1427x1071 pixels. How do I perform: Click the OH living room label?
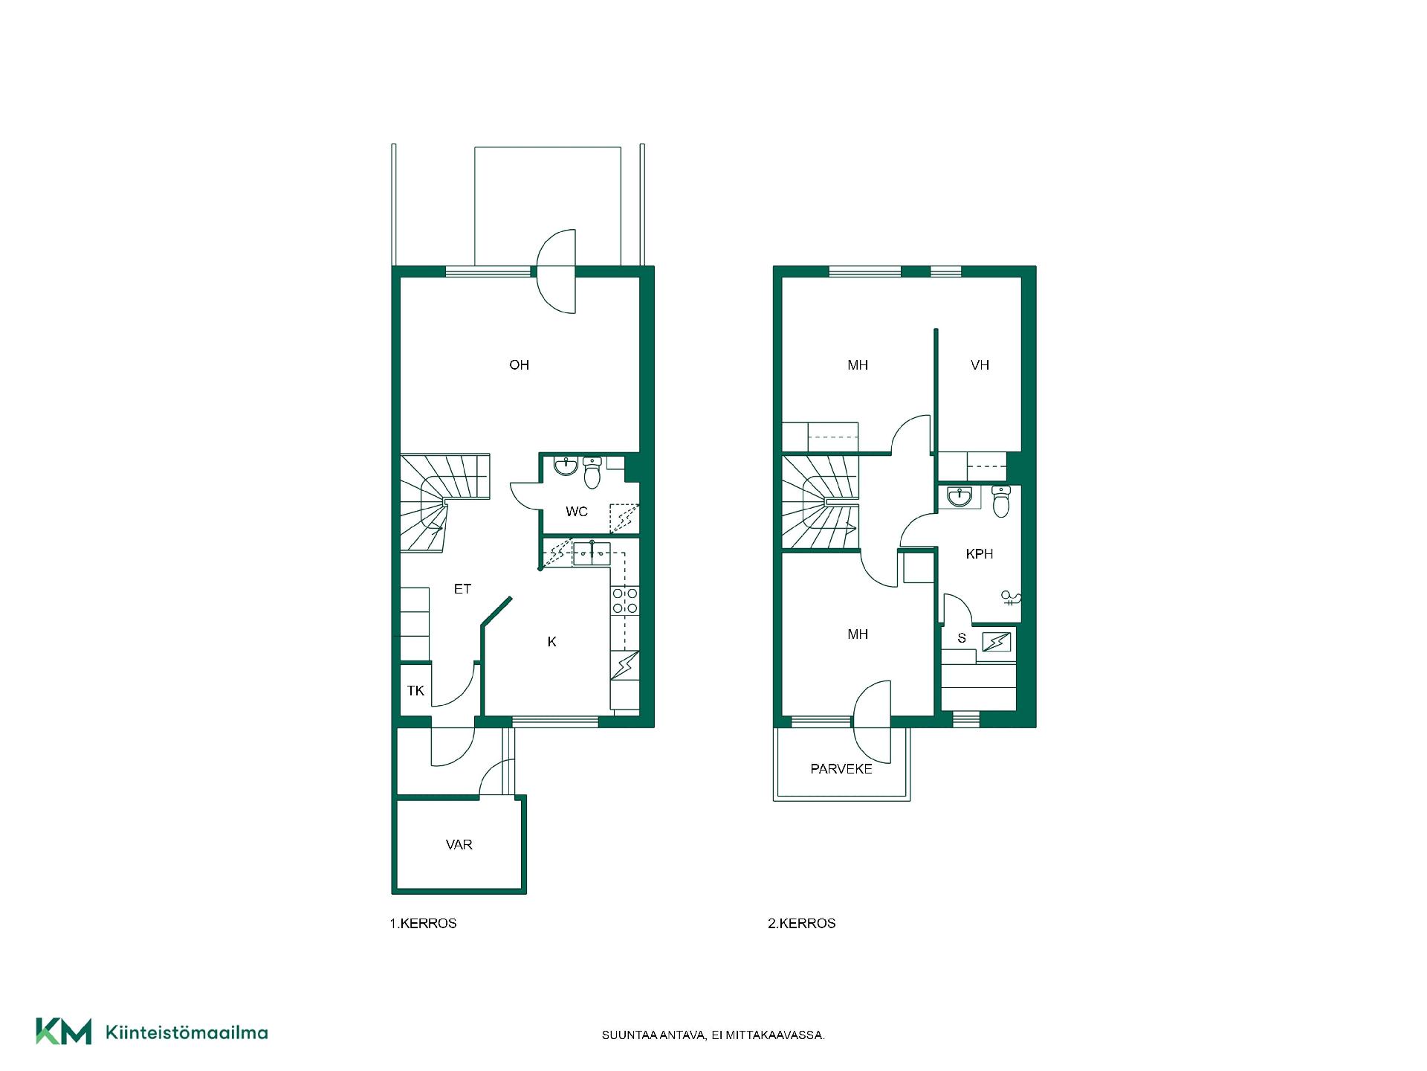tap(519, 364)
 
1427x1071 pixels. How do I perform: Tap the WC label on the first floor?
tap(577, 512)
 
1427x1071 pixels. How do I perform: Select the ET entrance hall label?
tap(462, 589)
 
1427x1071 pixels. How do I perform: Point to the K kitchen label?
tap(551, 642)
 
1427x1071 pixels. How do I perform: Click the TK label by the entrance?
tap(415, 691)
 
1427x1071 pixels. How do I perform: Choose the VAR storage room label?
tap(459, 845)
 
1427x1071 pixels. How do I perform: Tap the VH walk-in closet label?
tap(980, 364)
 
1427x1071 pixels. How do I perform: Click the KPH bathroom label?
tap(980, 554)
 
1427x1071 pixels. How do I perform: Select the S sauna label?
tap(962, 638)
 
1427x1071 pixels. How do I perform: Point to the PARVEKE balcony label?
tap(841, 769)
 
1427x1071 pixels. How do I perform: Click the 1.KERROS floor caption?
tap(424, 924)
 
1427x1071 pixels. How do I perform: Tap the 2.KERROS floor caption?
tap(802, 924)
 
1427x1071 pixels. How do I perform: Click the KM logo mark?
tap(64, 1032)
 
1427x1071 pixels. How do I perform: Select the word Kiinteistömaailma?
tap(187, 1033)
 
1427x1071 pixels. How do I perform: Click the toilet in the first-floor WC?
tap(592, 472)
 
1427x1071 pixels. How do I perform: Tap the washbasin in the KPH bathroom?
tap(960, 496)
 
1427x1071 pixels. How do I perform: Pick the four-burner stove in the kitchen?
tap(625, 601)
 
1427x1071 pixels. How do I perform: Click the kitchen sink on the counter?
tap(592, 554)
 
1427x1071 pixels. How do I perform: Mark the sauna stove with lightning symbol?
tap(996, 641)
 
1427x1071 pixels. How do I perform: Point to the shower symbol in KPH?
tap(1011, 598)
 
